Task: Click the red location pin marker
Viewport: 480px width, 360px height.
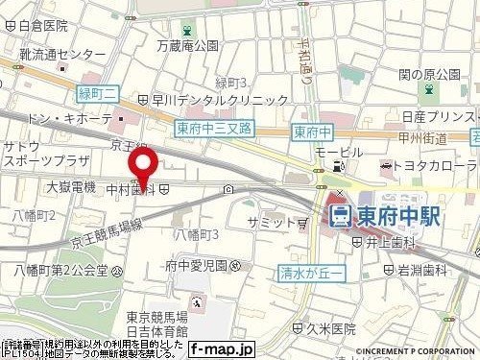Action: (x=144, y=165)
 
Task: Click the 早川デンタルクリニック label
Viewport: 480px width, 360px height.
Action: (x=220, y=99)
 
